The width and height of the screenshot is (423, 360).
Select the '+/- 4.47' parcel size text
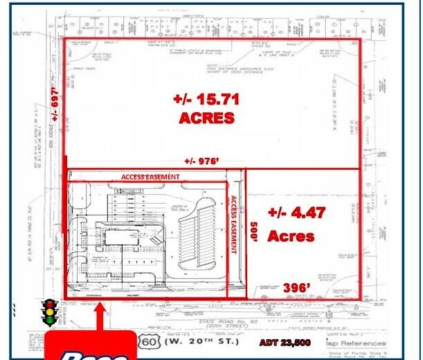pyautogui.click(x=296, y=213)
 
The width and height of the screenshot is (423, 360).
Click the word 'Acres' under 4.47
pyautogui.click(x=291, y=236)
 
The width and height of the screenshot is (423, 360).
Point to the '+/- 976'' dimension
pyautogui.click(x=202, y=161)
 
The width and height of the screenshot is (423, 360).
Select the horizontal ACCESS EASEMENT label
pyautogui.click(x=150, y=177)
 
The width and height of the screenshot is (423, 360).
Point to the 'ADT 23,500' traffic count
pyautogui.click(x=285, y=343)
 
